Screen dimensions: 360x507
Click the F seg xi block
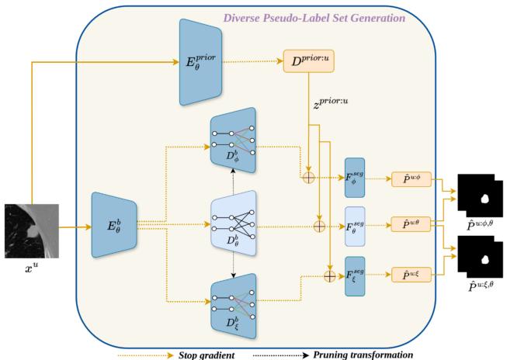[354, 276]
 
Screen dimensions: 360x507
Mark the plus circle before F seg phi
[309, 177]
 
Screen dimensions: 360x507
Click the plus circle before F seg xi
[331, 275]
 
